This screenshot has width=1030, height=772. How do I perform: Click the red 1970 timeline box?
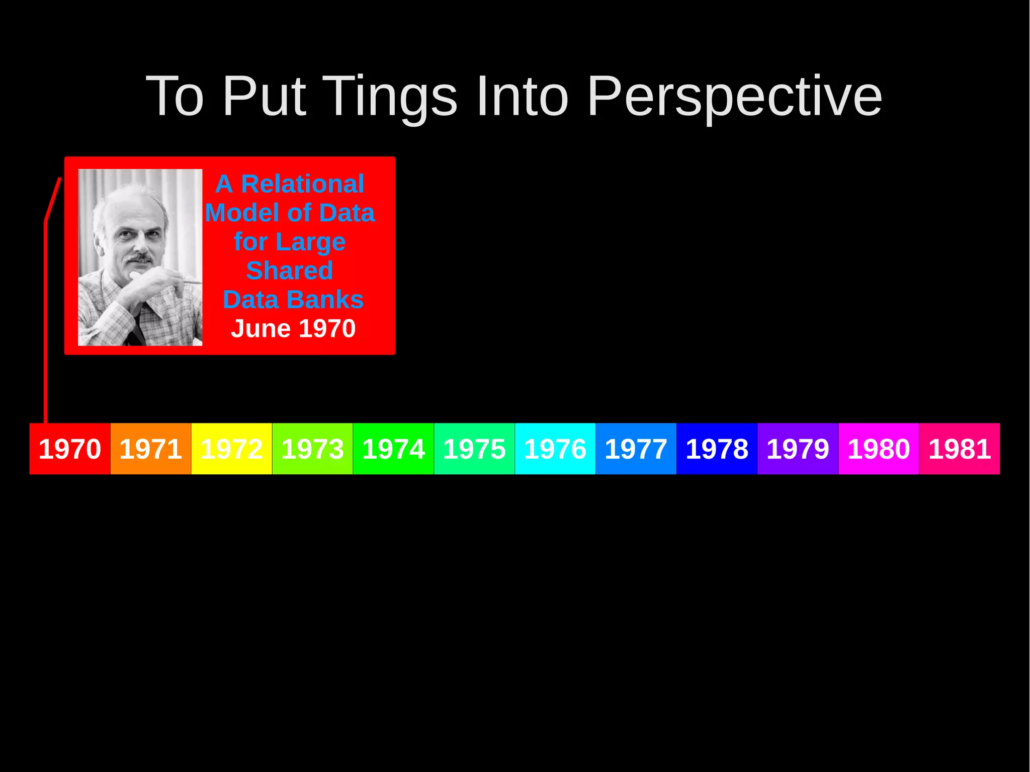(x=70, y=449)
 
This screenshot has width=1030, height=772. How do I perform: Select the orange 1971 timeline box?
(x=151, y=449)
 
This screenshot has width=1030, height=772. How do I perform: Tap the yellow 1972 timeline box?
(x=232, y=449)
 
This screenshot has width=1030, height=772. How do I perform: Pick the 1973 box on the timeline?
(x=312, y=449)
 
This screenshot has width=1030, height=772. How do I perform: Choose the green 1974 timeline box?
(x=393, y=449)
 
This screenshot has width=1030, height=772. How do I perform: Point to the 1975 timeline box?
(x=474, y=449)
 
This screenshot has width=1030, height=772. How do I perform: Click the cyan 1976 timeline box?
(x=555, y=449)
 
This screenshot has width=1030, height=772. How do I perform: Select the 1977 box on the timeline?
(x=636, y=449)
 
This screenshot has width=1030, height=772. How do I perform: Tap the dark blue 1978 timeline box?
(x=717, y=449)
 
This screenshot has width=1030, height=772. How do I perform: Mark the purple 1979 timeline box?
(x=798, y=449)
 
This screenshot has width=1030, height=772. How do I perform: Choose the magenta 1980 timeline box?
(x=879, y=449)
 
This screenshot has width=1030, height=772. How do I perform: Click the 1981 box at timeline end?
(x=960, y=449)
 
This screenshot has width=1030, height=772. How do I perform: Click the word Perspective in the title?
(x=734, y=97)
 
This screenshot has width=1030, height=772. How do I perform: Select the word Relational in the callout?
(x=303, y=184)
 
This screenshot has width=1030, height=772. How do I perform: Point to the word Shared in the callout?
(x=290, y=271)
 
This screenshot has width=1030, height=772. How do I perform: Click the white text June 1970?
(x=293, y=328)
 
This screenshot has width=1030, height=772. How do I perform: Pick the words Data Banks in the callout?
(x=293, y=300)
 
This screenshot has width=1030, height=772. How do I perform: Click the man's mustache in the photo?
(x=139, y=258)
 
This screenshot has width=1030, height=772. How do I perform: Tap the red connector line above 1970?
(x=45, y=322)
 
